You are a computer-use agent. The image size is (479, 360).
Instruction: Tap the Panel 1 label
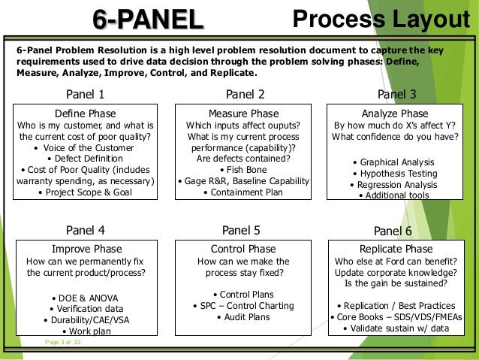(86, 95)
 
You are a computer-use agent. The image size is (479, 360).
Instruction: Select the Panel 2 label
(245, 95)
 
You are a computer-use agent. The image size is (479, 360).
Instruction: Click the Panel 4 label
(86, 230)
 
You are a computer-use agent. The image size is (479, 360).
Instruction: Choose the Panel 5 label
(242, 230)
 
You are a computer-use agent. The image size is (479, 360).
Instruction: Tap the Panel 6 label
(393, 231)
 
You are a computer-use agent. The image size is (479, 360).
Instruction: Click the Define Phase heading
(85, 113)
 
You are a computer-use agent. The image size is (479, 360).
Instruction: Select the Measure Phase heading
(244, 113)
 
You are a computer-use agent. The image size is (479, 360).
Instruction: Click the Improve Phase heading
(86, 249)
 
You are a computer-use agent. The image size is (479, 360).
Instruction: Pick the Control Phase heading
(243, 249)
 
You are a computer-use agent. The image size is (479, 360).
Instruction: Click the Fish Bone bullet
(244, 170)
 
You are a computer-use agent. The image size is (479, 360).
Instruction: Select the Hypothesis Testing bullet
(397, 173)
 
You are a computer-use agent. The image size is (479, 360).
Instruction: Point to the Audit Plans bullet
(243, 317)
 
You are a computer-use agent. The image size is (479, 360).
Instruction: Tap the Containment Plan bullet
(244, 192)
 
